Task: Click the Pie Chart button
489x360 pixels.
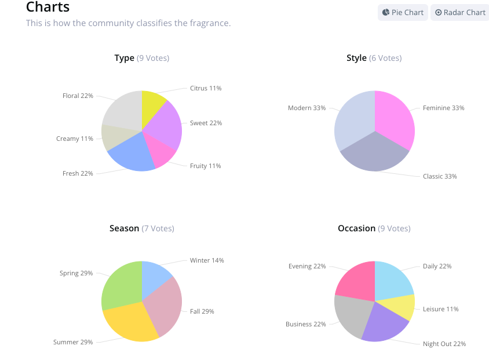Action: [x=403, y=12]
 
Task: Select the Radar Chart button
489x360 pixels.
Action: [x=460, y=12]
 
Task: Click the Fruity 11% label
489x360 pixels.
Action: [x=206, y=166]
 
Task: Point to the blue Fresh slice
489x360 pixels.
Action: [x=132, y=154]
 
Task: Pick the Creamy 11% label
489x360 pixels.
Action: [x=75, y=139]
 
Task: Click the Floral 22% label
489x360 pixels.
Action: [x=78, y=96]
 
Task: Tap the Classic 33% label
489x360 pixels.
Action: [x=440, y=176]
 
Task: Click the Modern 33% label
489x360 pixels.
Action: [x=306, y=108]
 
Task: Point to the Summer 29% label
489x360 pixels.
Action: [x=73, y=342]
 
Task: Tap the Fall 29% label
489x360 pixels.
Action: [x=202, y=311]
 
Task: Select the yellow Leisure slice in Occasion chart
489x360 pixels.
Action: [x=404, y=307]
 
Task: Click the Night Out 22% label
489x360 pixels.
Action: [x=444, y=344]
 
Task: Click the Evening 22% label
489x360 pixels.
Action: [x=307, y=266]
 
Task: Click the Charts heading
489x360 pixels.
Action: [x=48, y=8]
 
